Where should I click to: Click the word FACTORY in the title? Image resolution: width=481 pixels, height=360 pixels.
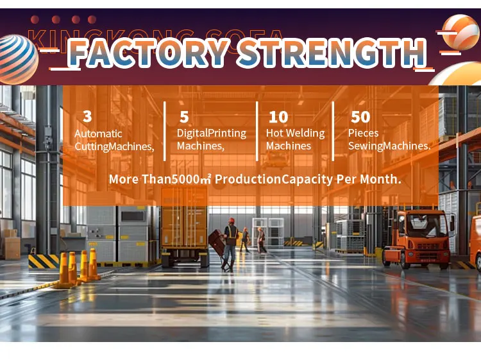coord(149,53)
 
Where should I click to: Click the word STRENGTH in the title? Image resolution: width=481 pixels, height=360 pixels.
coord(332,52)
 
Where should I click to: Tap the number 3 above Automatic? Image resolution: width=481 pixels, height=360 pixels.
coord(87,116)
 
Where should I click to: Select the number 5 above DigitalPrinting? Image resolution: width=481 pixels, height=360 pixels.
coord(184,117)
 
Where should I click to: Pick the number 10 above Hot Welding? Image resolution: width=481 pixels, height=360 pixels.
coord(278,117)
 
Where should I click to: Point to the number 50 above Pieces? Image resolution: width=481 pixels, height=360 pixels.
coord(360,117)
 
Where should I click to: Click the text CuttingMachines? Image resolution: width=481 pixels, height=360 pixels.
coord(114,146)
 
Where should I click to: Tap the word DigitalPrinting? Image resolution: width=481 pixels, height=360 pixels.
coord(212,133)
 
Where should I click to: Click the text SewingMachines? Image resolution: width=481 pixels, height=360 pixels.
coord(389,146)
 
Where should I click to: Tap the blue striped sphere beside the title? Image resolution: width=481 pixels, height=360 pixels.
coord(18,59)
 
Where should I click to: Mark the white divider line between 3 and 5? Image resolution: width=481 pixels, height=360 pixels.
coord(165,131)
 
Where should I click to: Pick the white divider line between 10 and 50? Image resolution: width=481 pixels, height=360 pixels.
coord(333,131)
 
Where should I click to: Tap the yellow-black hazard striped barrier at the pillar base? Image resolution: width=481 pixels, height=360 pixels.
coord(44,261)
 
